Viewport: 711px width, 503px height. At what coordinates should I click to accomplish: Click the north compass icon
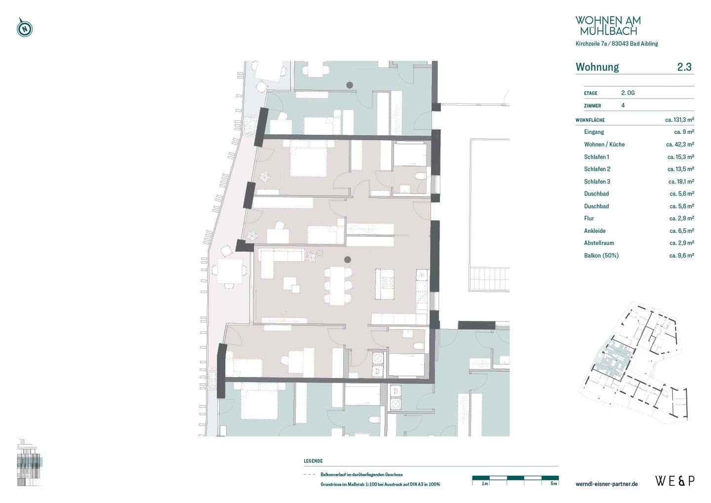[x=25, y=28]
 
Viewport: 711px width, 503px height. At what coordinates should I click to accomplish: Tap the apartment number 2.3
[x=684, y=67]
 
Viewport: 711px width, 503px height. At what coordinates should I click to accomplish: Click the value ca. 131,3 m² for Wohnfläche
[x=679, y=119]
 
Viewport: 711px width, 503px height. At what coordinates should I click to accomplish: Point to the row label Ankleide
[x=594, y=231]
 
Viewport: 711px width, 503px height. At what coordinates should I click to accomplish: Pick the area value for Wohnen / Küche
[x=680, y=145]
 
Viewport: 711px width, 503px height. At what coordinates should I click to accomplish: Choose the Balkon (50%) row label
[x=601, y=256]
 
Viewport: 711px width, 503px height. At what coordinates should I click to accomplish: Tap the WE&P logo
[x=675, y=481]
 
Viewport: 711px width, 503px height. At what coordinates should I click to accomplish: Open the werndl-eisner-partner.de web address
[x=606, y=484]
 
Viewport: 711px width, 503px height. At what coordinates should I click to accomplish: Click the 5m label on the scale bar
[x=553, y=484]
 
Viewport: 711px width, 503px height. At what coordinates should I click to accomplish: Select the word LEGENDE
[x=313, y=461]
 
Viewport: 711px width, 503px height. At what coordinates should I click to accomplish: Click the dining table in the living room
[x=337, y=286]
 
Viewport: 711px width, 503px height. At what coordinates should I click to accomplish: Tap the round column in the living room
[x=348, y=260]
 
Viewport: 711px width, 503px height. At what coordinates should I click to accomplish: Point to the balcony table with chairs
[x=230, y=271]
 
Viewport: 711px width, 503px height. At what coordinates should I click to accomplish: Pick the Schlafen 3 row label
[x=597, y=182]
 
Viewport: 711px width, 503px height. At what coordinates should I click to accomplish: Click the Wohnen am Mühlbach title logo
[x=608, y=25]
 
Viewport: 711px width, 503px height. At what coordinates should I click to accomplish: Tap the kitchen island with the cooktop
[x=385, y=284]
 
